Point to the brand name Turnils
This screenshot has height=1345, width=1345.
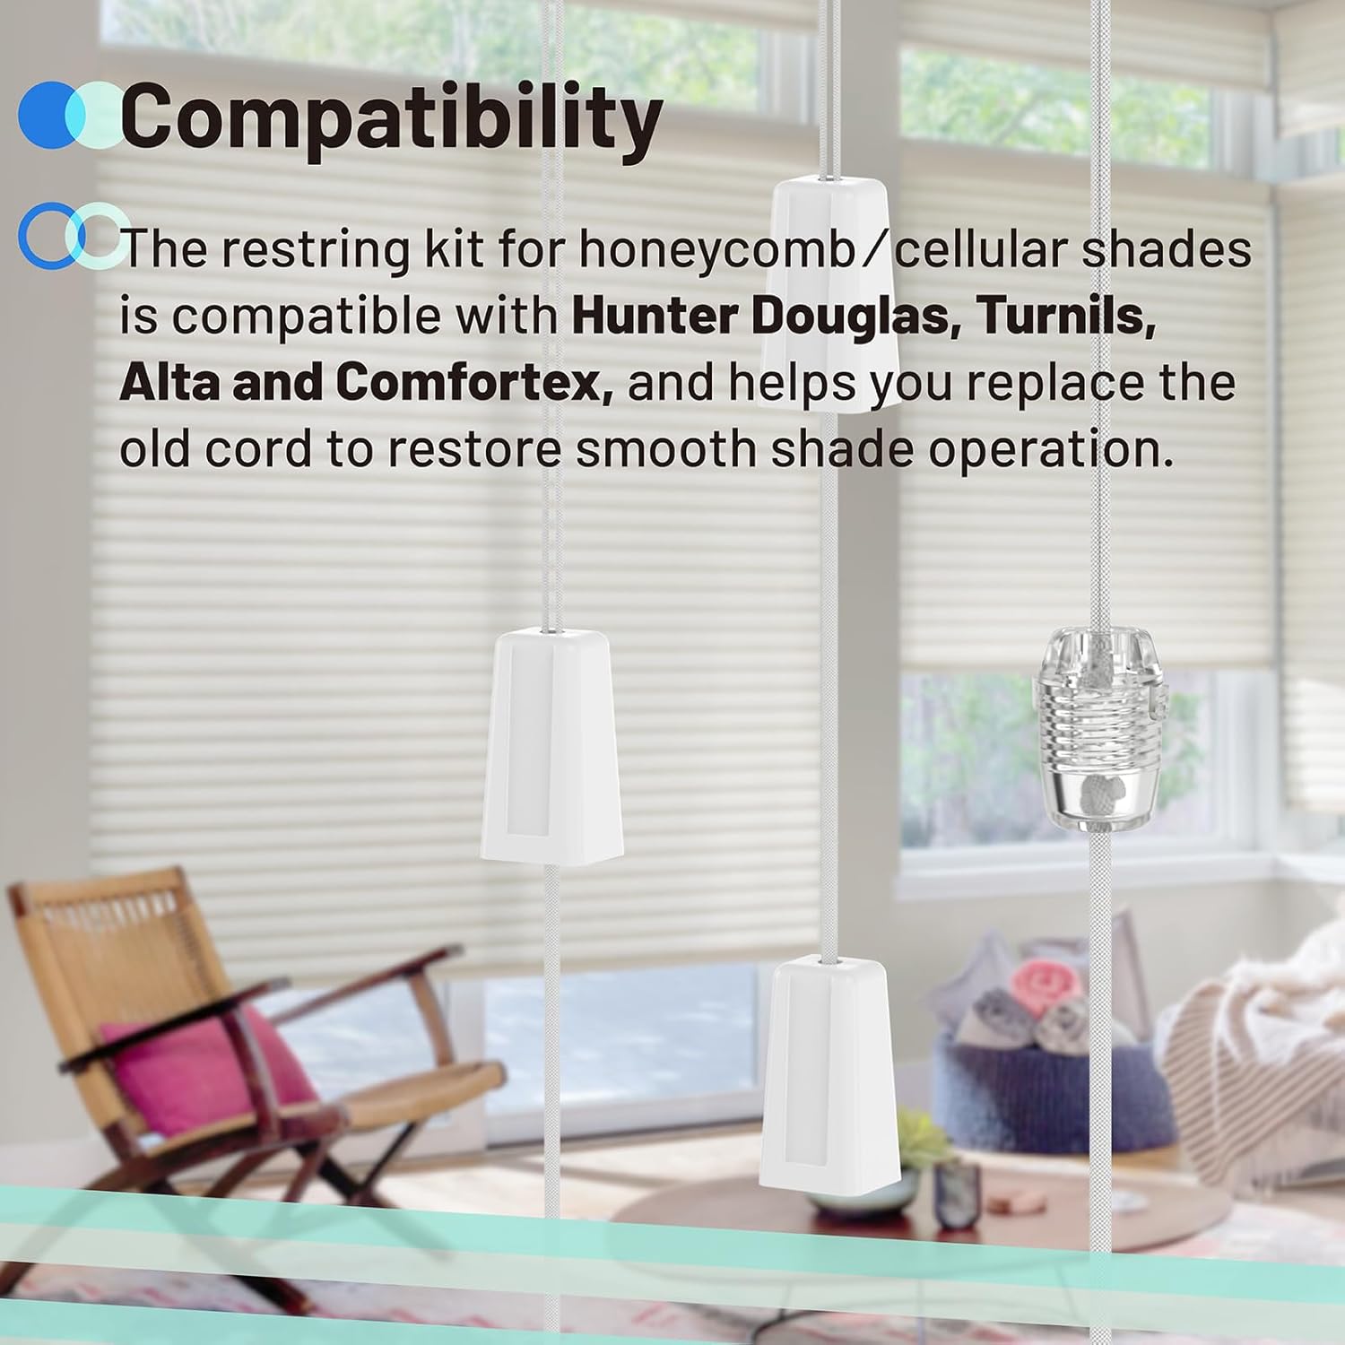(x=1064, y=317)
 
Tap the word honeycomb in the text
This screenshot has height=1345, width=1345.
(x=716, y=250)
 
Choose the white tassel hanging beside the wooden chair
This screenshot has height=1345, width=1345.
(x=552, y=745)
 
